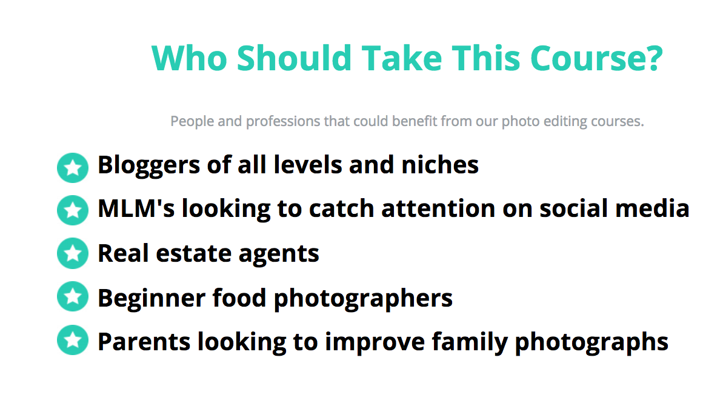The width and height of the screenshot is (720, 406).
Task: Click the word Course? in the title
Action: click(596, 58)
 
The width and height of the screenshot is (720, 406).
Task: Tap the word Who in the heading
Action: click(189, 58)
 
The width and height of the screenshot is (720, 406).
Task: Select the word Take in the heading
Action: click(402, 58)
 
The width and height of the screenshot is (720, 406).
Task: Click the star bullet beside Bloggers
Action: click(73, 168)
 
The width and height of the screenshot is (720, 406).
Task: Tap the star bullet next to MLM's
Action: click(73, 210)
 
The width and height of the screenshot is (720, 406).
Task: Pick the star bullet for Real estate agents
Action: click(73, 253)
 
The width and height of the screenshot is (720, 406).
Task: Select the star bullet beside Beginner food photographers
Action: click(73, 296)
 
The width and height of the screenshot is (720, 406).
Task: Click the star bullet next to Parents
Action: click(73, 340)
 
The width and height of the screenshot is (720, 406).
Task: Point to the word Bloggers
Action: click(148, 166)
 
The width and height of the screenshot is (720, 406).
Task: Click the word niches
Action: click(440, 165)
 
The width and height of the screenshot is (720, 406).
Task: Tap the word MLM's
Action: click(136, 208)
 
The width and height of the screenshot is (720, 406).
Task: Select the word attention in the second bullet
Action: click(438, 208)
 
